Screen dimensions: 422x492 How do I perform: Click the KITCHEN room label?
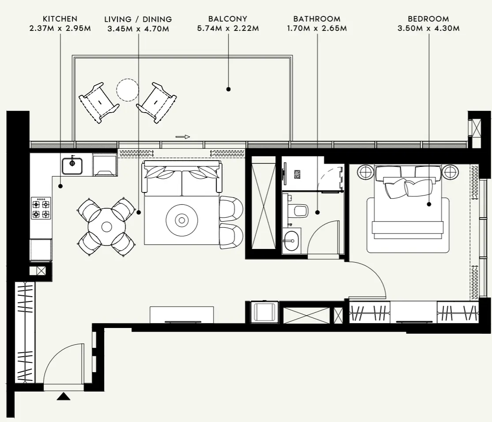60,19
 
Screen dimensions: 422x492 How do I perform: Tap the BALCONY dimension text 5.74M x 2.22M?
228,29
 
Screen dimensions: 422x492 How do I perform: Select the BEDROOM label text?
428,19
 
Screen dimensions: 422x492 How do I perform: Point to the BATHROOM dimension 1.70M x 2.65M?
317,29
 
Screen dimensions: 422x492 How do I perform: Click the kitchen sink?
72,166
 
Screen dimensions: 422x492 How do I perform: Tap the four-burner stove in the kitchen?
41,208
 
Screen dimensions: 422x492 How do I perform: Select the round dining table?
106,227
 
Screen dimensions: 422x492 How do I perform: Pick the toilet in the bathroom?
300,211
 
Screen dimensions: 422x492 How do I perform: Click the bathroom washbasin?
292,241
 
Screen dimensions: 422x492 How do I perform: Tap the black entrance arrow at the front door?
64,396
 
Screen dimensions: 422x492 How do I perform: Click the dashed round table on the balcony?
128,90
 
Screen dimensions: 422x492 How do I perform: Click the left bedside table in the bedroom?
365,172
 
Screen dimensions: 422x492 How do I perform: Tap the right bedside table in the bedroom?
451,172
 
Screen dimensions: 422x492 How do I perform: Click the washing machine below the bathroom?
264,313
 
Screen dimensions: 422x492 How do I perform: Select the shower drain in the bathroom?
297,174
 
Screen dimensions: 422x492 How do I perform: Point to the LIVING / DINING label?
138,19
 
